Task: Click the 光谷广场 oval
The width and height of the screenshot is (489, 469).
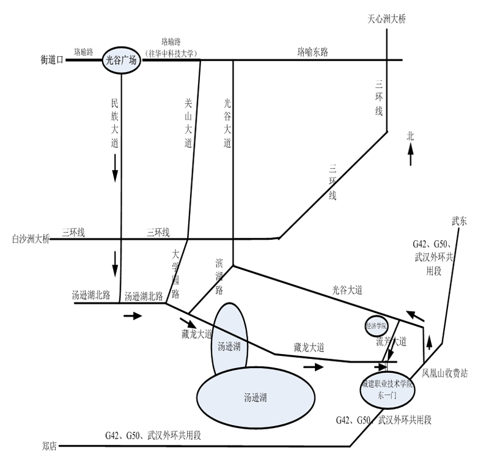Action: point(121,60)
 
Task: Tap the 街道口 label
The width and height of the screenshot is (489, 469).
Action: point(52,60)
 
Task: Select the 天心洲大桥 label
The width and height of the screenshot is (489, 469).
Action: point(386,19)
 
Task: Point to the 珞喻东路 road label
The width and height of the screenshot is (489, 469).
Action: point(313,52)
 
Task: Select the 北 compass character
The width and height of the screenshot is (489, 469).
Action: point(411,137)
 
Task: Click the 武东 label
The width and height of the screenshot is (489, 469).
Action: point(459,222)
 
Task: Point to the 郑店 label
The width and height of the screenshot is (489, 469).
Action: point(50,446)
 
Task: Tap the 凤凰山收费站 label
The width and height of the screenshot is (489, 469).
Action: point(444,373)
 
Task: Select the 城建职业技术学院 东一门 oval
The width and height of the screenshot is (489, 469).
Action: point(387,390)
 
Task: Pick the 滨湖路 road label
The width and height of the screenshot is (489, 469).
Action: point(219,276)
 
